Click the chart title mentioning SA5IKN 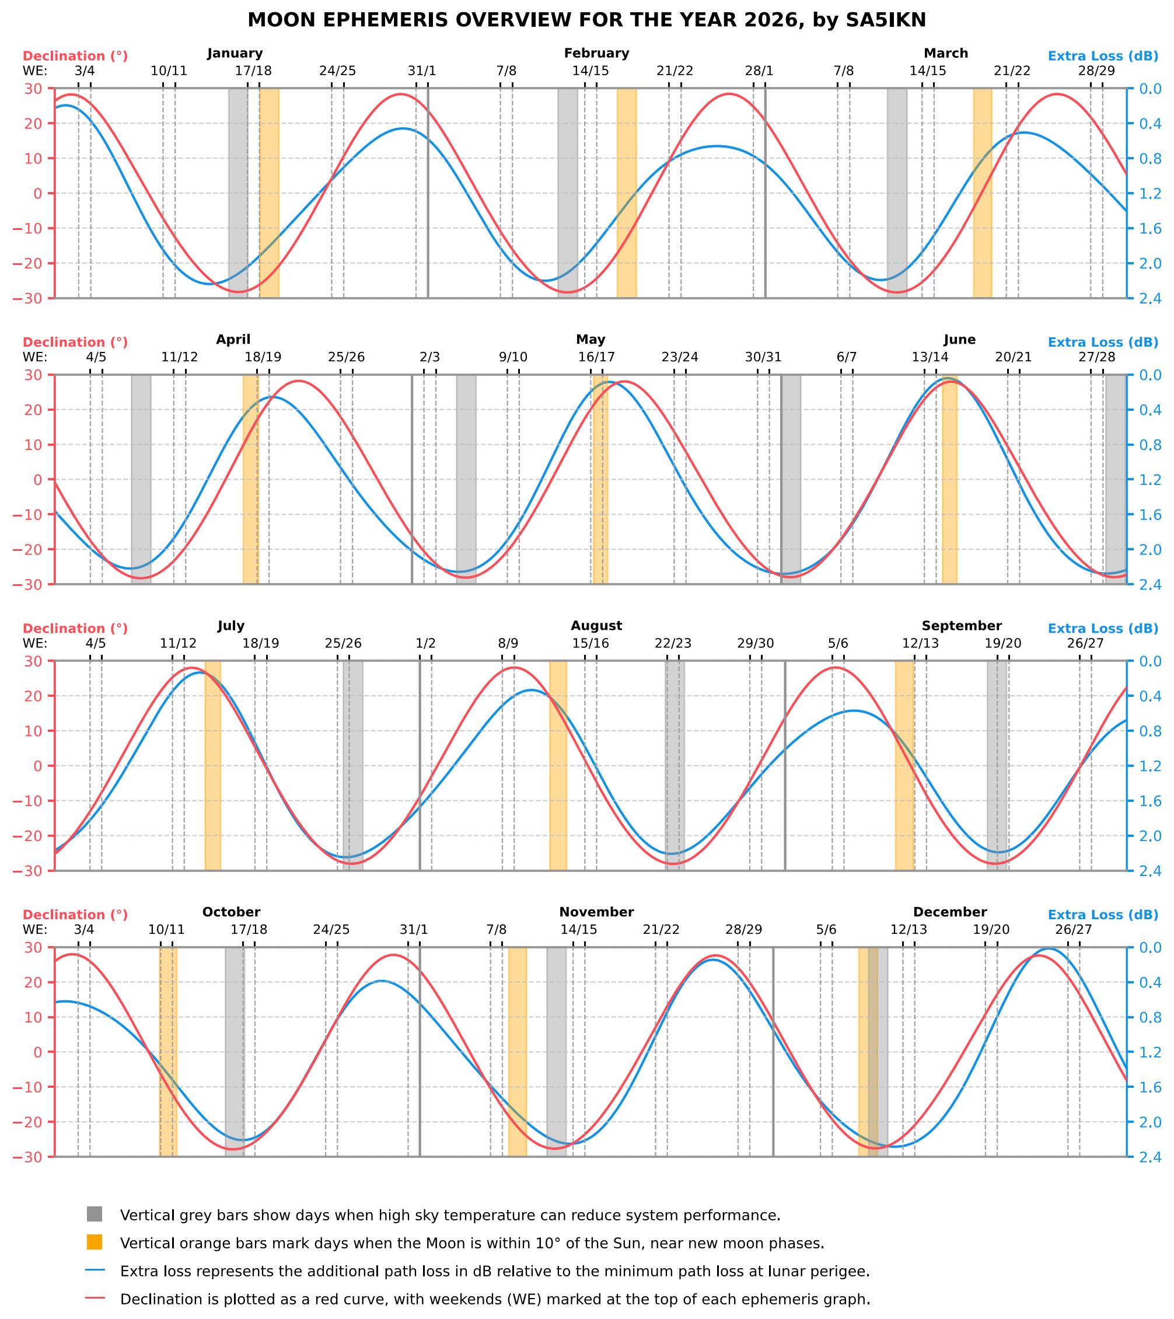click(586, 20)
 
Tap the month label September click(961, 626)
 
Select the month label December click(949, 912)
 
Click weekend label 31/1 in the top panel click(422, 71)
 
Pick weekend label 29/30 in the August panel click(756, 644)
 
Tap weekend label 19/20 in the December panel click(991, 930)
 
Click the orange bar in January click(269, 194)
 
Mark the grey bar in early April click(141, 480)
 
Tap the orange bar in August click(558, 766)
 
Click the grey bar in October click(235, 1052)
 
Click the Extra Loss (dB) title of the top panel click(1103, 56)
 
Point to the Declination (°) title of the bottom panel click(75, 915)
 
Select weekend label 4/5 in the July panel click(96, 644)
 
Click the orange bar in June click(949, 480)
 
